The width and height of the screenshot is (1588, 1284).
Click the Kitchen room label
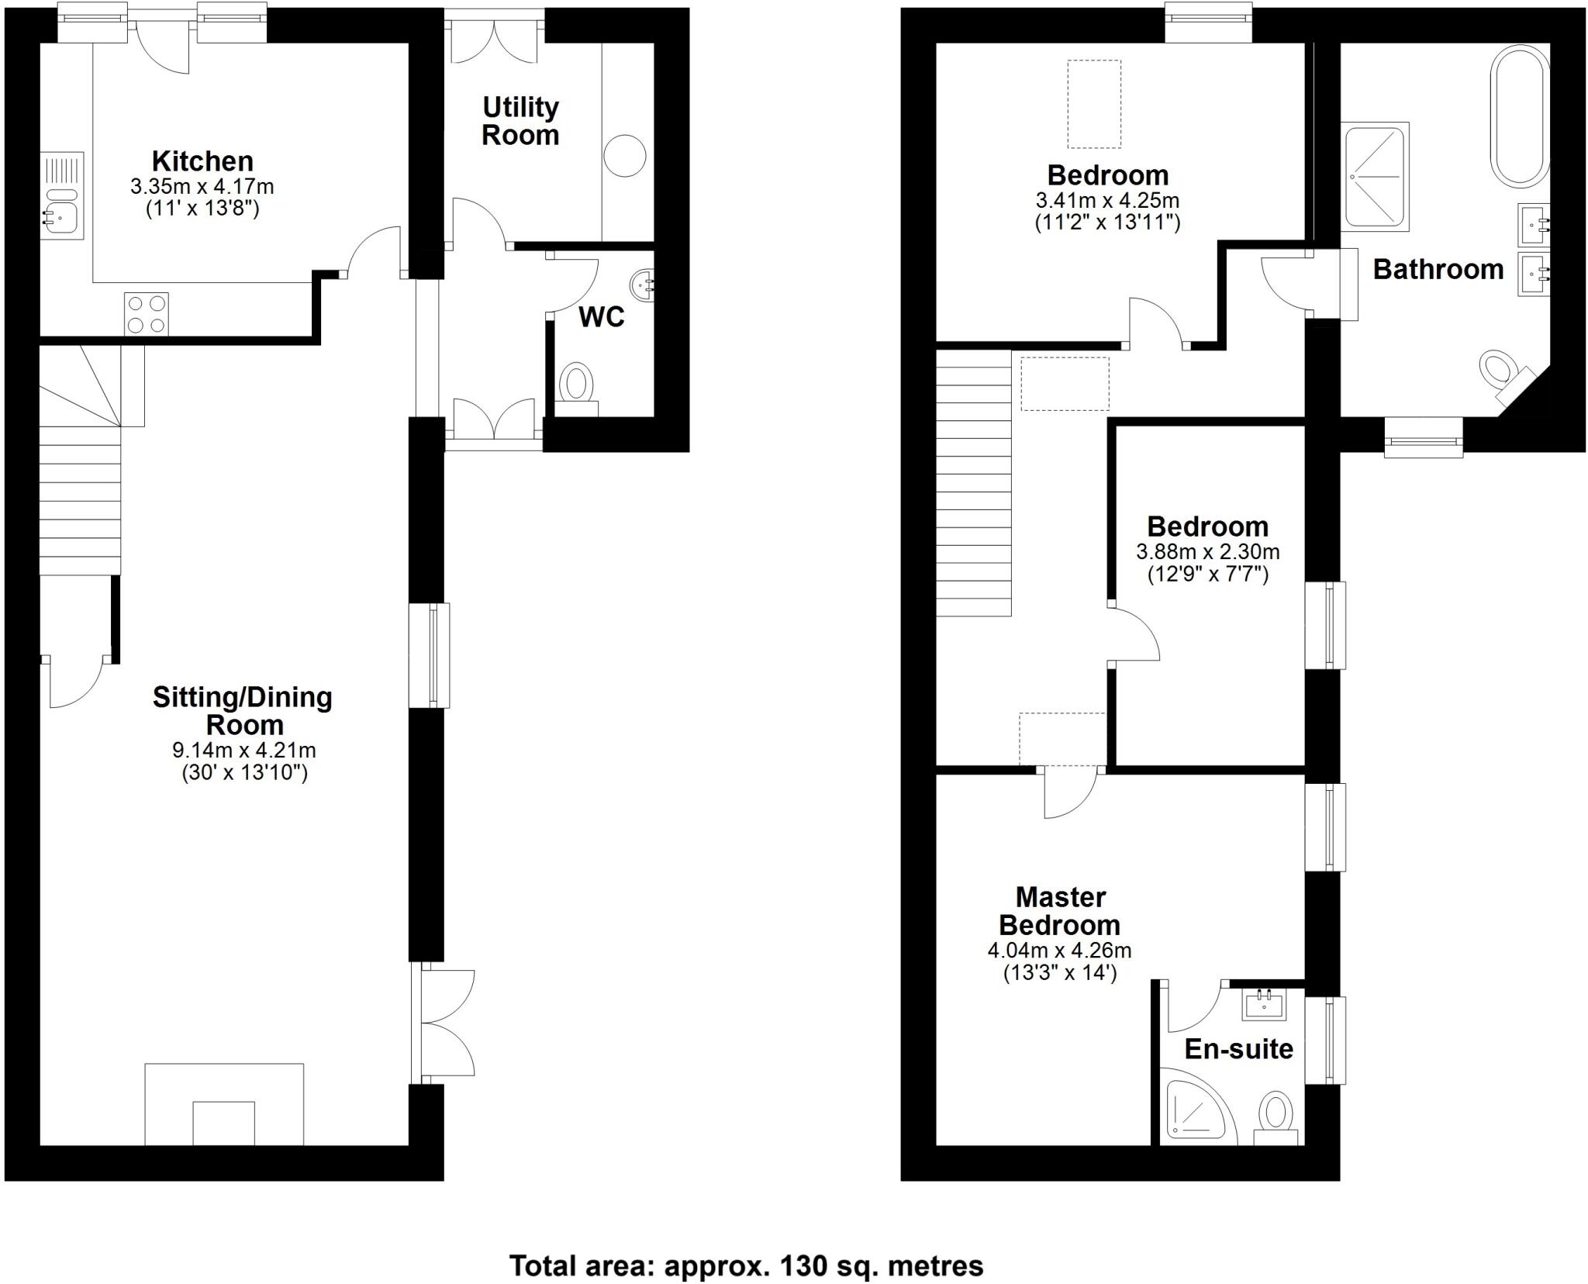pyautogui.click(x=202, y=161)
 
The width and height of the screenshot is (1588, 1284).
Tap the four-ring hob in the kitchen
pyautogui.click(x=147, y=314)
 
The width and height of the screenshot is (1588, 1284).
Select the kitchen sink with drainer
pyautogui.click(x=63, y=197)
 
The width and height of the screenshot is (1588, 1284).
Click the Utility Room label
pyautogui.click(x=520, y=121)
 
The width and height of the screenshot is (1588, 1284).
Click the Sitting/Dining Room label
pyautogui.click(x=242, y=711)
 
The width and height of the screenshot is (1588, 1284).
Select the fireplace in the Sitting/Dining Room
pyautogui.click(x=224, y=1104)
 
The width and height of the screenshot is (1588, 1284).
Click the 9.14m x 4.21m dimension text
pyautogui.click(x=243, y=751)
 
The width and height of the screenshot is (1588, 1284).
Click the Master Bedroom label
pyautogui.click(x=1059, y=911)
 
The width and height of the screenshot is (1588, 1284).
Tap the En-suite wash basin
pyautogui.click(x=1265, y=1006)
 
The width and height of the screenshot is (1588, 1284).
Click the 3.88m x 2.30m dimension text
pyautogui.click(x=1207, y=552)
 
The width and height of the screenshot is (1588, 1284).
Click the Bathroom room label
pyautogui.click(x=1438, y=269)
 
